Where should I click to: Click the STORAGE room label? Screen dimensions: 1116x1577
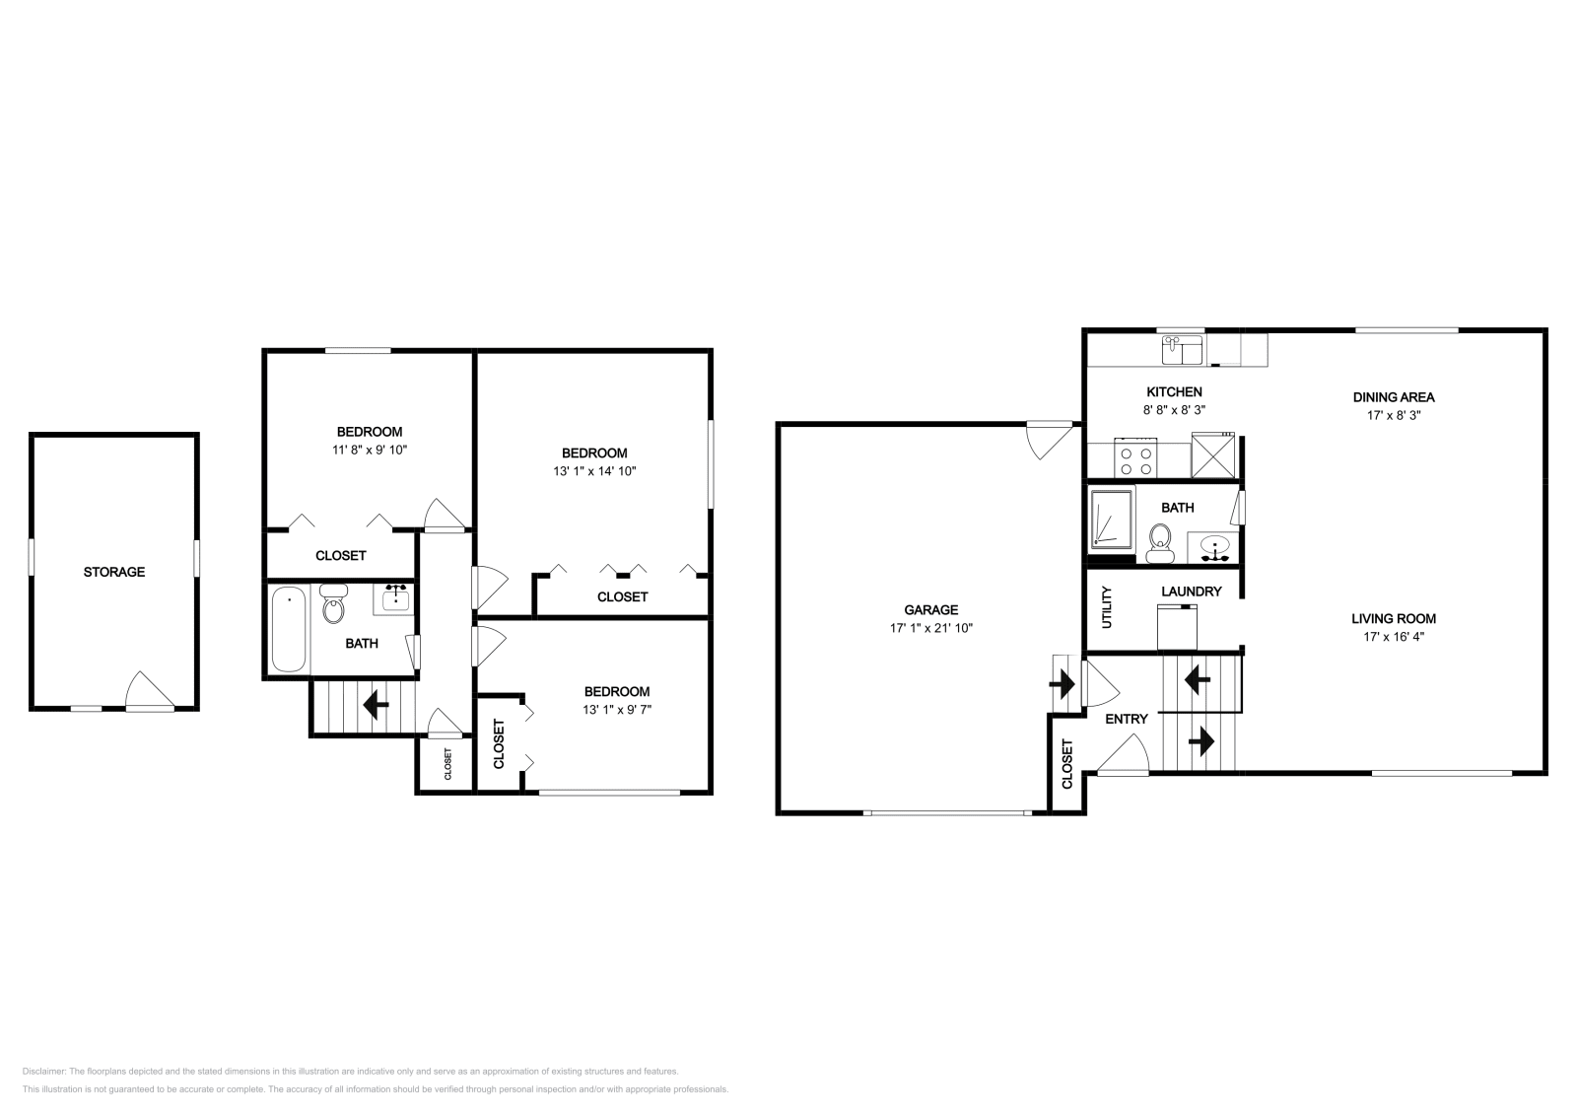point(113,572)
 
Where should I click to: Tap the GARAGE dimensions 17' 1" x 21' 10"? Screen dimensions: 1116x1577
point(930,628)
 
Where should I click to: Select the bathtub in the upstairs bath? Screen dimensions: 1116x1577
point(288,629)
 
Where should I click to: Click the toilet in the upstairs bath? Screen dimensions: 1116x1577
point(334,606)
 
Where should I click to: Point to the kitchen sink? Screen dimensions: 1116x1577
point(1182,349)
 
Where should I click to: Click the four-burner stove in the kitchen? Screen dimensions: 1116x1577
point(1135,458)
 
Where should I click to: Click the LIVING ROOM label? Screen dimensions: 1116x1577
point(1393,619)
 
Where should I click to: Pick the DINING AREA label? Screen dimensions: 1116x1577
point(1393,397)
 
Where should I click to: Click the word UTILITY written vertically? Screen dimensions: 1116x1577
point(1106,607)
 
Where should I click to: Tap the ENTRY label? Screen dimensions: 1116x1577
point(1126,720)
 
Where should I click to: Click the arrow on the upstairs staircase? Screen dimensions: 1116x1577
point(376,705)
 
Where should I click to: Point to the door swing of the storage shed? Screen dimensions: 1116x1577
point(148,689)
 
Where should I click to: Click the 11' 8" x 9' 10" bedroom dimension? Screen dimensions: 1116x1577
point(370,450)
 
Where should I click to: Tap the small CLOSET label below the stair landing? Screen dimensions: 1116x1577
point(446,764)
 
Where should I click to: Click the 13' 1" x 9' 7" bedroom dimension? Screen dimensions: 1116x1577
point(617,709)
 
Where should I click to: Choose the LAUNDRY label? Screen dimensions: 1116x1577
point(1191,592)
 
